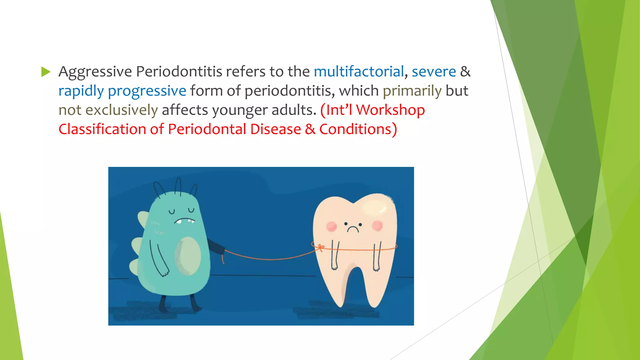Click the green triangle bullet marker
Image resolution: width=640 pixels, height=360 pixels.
tap(46, 72)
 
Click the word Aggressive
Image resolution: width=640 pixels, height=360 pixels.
tap(95, 72)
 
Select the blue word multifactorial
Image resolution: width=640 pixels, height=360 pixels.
tap(359, 72)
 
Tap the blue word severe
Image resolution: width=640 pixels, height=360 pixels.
tap(434, 72)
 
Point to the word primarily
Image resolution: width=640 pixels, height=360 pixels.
tap(412, 91)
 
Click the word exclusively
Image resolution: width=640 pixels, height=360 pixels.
tap(122, 110)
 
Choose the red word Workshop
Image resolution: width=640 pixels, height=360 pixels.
tap(390, 110)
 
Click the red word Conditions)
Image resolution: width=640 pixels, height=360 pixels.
tap(358, 129)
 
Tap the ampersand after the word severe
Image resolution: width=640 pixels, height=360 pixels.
tap(465, 72)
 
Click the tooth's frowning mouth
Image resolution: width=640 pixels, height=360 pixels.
tap(353, 229)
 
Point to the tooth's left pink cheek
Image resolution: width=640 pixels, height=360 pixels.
tap(332, 226)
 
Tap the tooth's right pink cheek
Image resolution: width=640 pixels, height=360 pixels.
tap(377, 225)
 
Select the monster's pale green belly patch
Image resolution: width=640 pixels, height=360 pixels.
tap(188, 256)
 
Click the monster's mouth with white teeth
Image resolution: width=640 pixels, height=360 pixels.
tap(184, 221)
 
